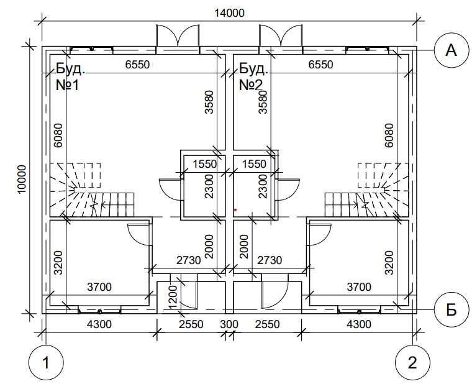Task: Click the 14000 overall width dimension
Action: click(229, 14)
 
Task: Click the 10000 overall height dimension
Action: click(22, 180)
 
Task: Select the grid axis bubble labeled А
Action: click(452, 50)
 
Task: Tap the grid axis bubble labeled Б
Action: click(452, 309)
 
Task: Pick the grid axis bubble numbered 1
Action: click(46, 363)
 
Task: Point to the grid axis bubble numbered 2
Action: click(412, 363)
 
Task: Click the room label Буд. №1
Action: click(70, 77)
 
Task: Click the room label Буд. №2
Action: click(253, 77)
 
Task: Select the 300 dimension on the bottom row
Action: click(229, 325)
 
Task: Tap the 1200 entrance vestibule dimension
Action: click(174, 297)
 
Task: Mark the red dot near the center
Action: click(235, 209)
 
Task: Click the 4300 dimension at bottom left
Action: click(99, 324)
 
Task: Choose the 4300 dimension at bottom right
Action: click(359, 324)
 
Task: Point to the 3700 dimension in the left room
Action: click(99, 287)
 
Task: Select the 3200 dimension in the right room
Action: click(389, 263)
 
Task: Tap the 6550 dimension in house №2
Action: click(320, 65)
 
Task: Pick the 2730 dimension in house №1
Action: click(188, 260)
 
